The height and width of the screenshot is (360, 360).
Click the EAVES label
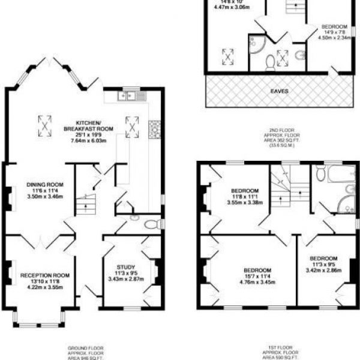point(278,91)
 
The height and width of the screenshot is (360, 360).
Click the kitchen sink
point(133,95)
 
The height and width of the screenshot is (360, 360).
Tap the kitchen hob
point(154,127)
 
